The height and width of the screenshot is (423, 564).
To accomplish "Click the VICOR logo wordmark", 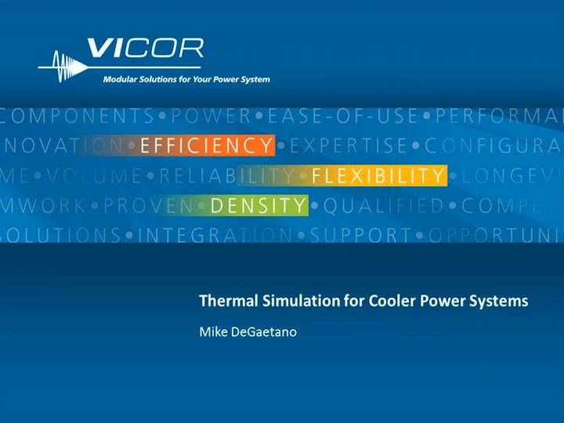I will click(145, 49).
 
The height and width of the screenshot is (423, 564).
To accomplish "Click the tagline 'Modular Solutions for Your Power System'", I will click(186, 79).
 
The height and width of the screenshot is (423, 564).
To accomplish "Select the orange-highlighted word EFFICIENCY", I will click(207, 145).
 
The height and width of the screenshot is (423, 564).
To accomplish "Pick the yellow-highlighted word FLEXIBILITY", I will click(378, 175).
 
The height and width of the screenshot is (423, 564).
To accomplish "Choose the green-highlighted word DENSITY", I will click(258, 206).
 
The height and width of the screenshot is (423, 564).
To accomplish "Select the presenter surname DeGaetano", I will click(262, 331).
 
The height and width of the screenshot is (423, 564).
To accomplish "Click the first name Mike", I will click(213, 331).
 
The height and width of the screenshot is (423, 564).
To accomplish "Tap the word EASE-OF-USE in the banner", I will click(343, 116).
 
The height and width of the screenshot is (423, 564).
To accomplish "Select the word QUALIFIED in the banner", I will click(384, 206).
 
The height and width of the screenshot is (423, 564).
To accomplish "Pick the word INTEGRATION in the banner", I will click(218, 235).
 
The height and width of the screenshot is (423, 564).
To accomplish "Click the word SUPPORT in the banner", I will click(361, 235).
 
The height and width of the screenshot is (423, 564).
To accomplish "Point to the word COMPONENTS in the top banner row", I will click(78, 116).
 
